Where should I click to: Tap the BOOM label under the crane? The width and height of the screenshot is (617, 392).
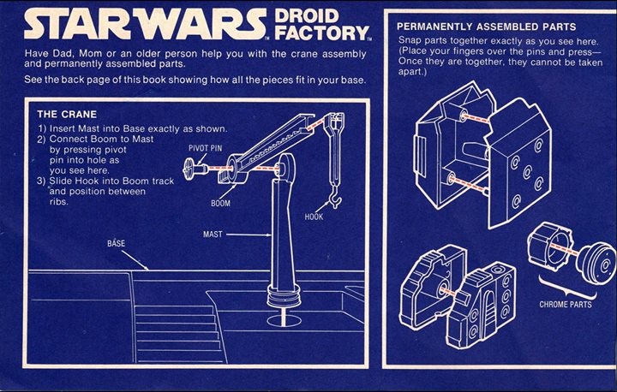click(219, 204)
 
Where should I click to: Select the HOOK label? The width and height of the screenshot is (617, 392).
click(314, 217)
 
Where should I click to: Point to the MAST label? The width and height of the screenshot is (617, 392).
click(214, 234)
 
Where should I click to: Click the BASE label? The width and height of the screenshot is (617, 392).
click(116, 244)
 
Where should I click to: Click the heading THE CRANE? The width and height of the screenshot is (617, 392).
click(66, 114)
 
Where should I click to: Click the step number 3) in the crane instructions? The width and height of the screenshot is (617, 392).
click(42, 181)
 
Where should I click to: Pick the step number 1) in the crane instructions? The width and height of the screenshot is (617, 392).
click(42, 128)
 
